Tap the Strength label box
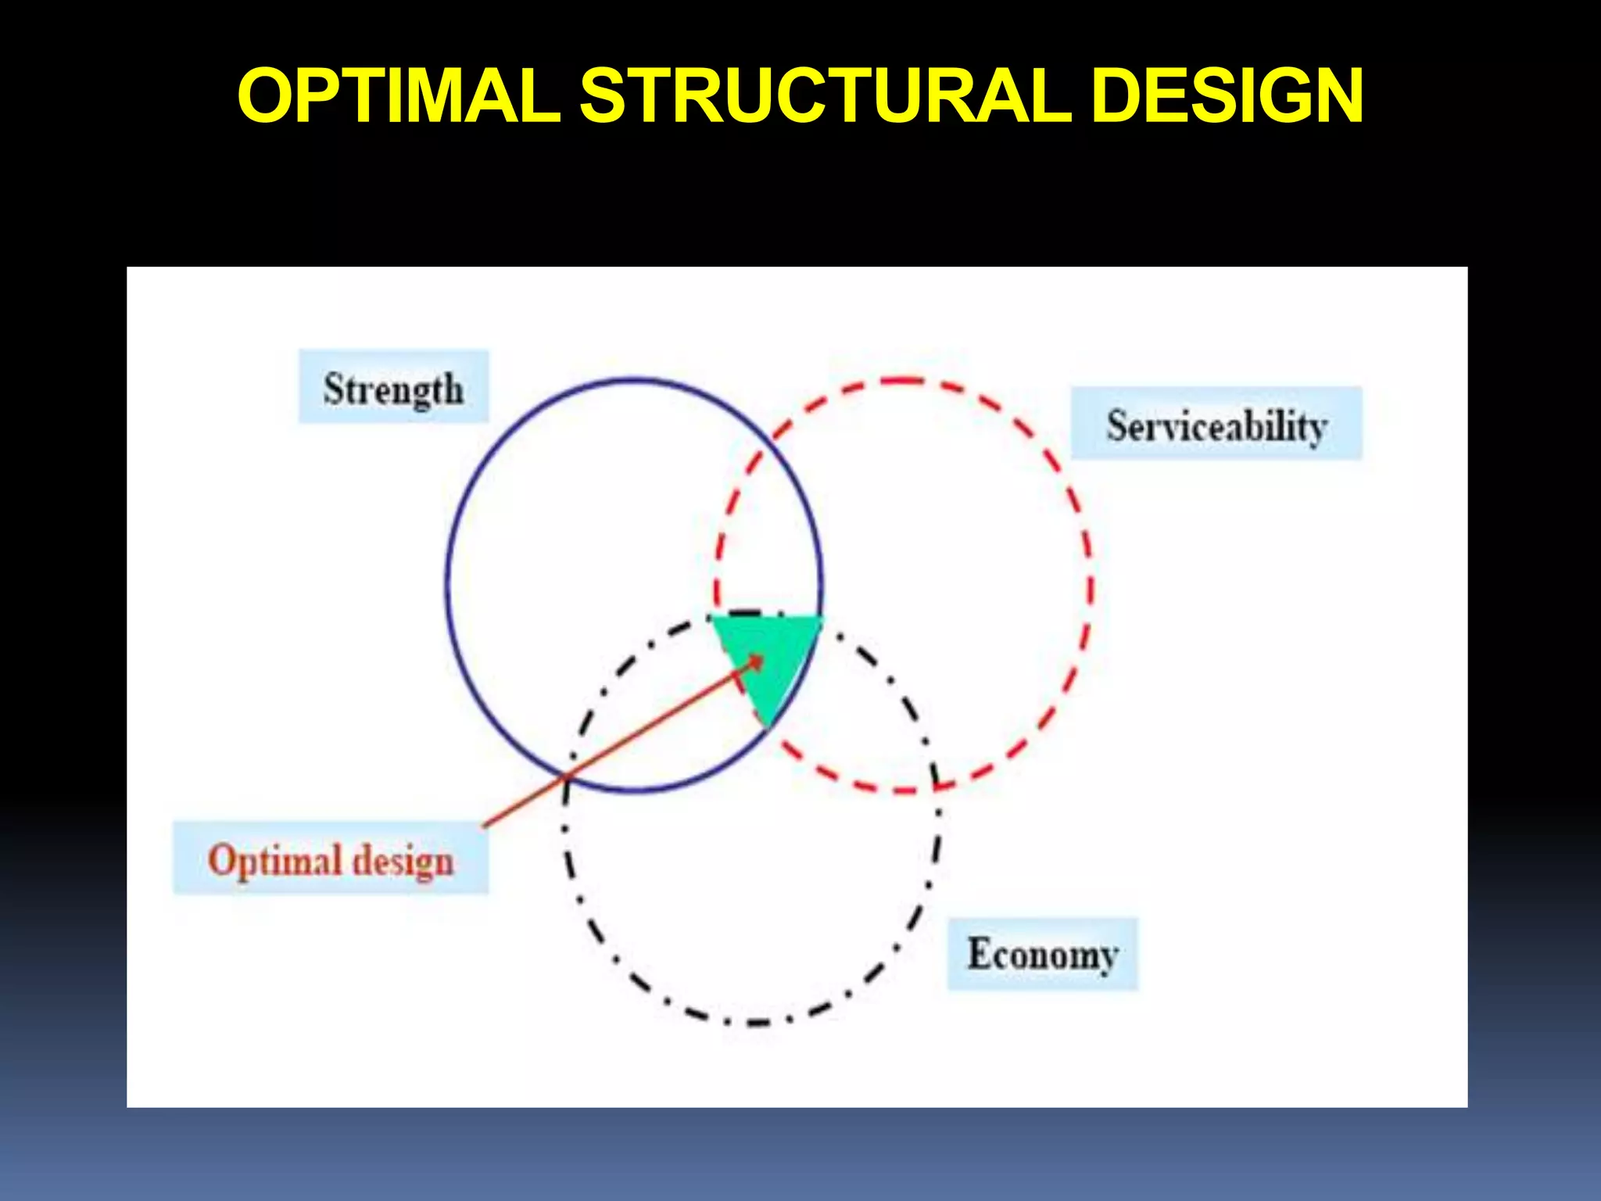pos(393,387)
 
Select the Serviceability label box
pos(1216,424)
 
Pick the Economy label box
pos(1042,954)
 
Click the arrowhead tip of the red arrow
pos(762,657)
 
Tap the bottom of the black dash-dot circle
pos(754,1023)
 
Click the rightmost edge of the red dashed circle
pos(1091,586)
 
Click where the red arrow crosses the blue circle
pos(567,776)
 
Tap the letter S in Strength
pos(334,388)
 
